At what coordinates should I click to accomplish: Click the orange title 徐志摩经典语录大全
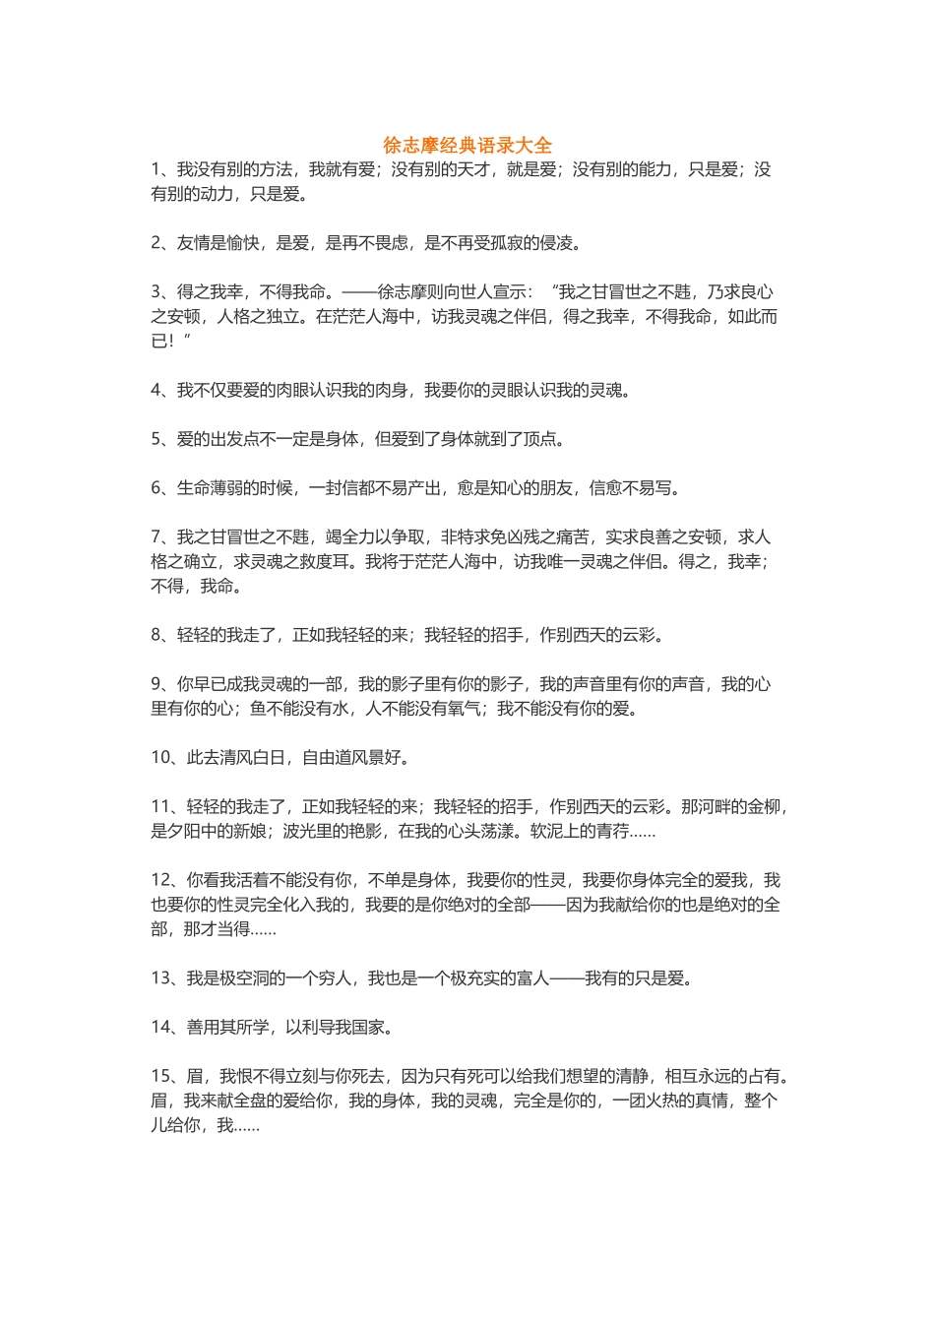(x=467, y=145)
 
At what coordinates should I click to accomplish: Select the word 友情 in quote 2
(x=193, y=243)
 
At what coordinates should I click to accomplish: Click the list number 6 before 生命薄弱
(x=156, y=488)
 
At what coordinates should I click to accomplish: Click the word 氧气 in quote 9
(x=465, y=709)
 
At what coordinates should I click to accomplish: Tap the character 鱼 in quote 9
(x=258, y=709)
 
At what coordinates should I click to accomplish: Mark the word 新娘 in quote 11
(x=250, y=831)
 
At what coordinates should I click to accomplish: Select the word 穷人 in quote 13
(x=335, y=978)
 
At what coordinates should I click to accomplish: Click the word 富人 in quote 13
(x=533, y=978)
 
